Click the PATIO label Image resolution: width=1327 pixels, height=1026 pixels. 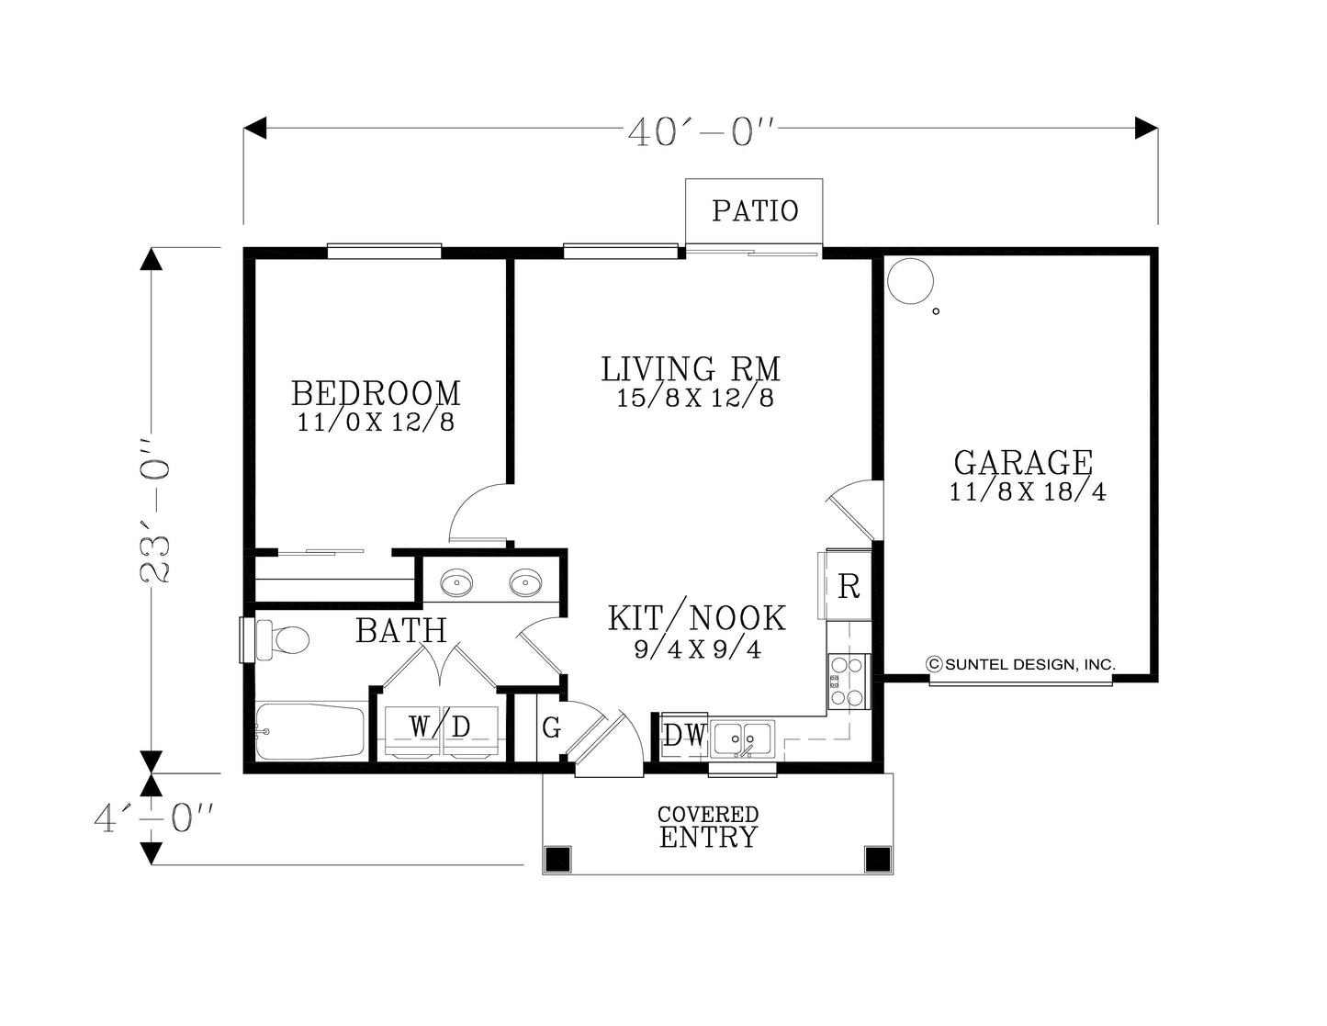point(755,210)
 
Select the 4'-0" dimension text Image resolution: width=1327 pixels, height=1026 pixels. point(154,818)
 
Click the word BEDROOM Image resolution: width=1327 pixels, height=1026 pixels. point(376,393)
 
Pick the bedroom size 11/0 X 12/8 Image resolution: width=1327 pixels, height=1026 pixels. point(376,423)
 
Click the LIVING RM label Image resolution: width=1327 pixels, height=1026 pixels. point(691,369)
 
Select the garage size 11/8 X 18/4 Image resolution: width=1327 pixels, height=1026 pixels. point(1027,491)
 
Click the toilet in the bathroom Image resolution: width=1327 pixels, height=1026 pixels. point(283,640)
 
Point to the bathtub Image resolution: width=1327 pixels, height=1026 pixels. point(310,731)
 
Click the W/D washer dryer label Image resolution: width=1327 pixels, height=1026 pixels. point(440,727)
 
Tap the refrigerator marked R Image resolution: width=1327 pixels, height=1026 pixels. point(848,586)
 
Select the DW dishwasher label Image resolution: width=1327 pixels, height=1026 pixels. point(684,736)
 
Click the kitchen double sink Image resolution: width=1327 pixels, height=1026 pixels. point(743,739)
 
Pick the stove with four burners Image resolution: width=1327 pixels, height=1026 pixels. point(849,681)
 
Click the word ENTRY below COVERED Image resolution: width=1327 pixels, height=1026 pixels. point(708,837)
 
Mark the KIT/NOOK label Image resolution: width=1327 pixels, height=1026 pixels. point(697,617)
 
